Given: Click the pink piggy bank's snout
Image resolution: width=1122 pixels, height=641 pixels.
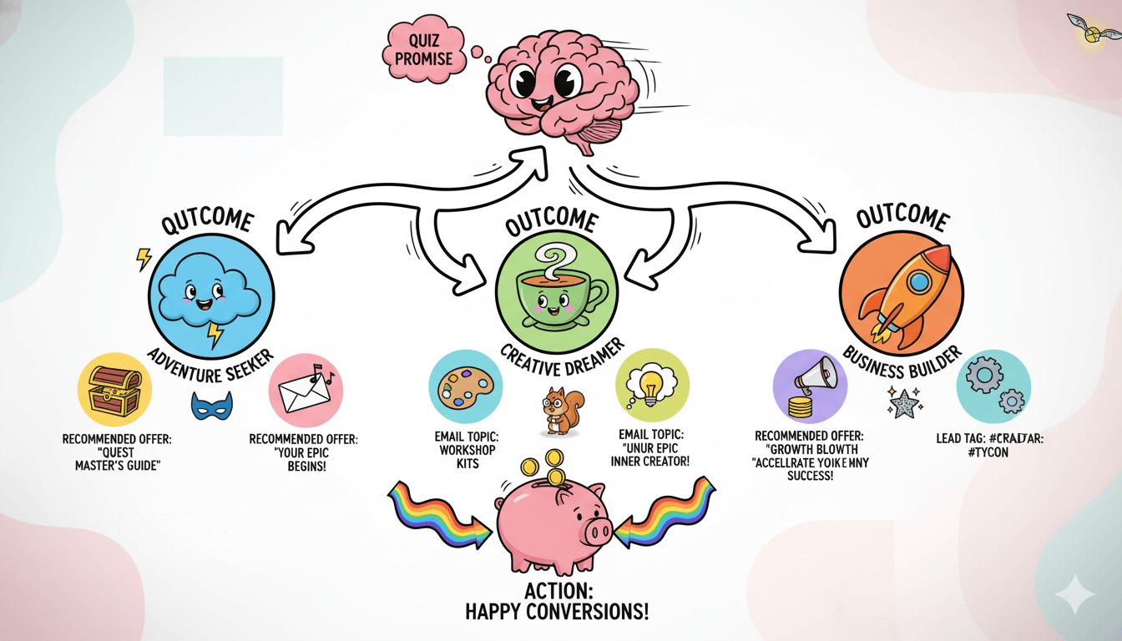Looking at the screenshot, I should (599, 531).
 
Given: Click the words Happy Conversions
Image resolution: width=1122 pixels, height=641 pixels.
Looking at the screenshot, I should (555, 612).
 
